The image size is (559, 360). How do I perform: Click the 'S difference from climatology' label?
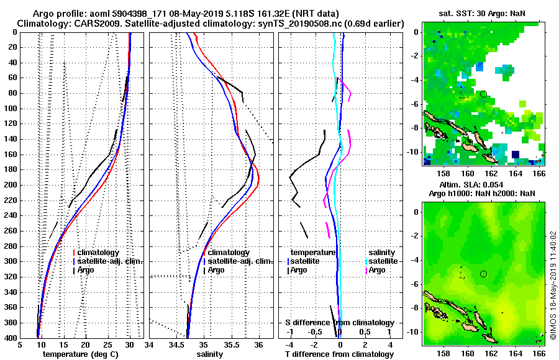coord(339,323)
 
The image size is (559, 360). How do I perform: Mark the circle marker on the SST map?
coord(483,94)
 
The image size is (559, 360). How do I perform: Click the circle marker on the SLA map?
coord(483,274)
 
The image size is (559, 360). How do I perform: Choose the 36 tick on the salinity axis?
coord(259,345)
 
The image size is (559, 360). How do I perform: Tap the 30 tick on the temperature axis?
coord(129,345)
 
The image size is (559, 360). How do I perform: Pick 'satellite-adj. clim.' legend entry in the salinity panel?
coord(237,261)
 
